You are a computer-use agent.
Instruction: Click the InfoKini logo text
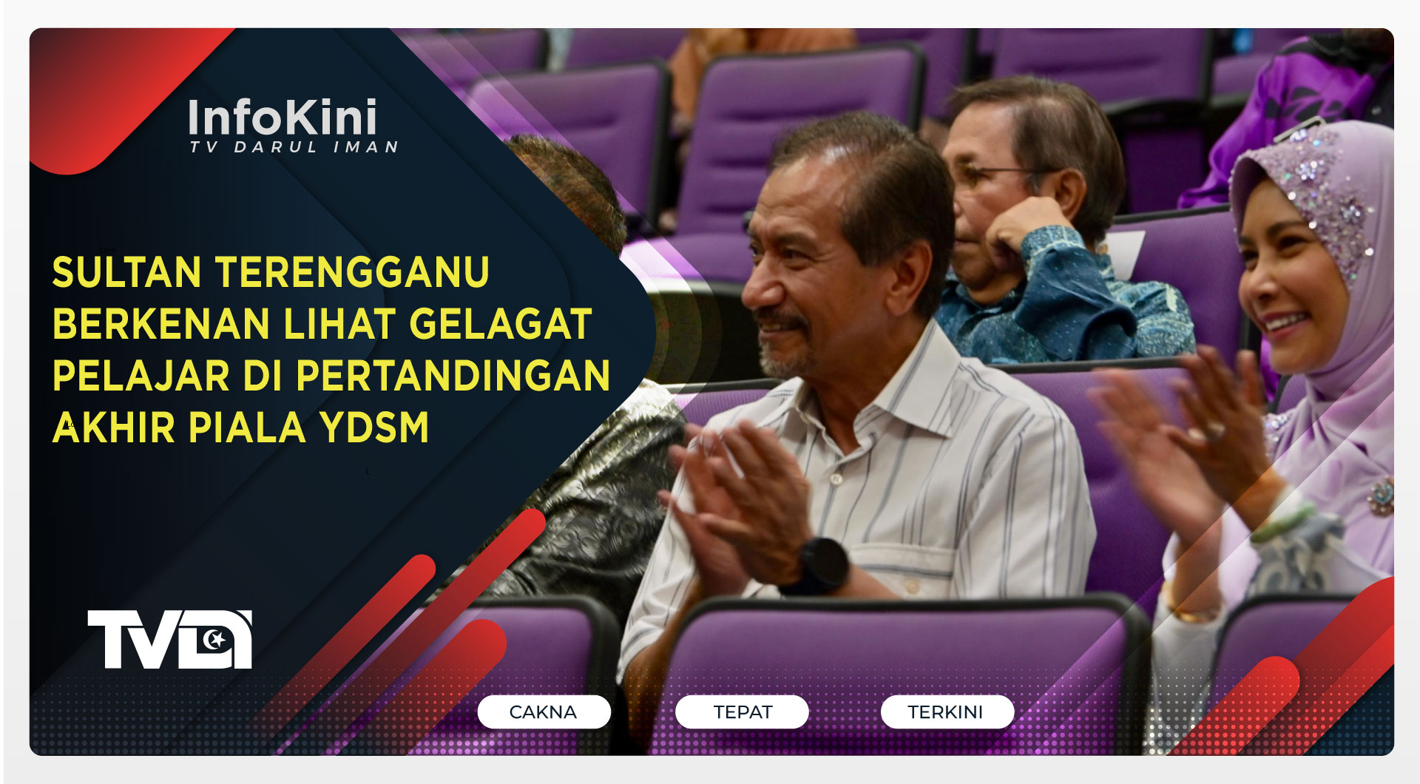click(x=283, y=118)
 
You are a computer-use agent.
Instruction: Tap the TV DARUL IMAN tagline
click(x=294, y=147)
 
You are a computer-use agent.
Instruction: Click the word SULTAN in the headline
click(x=126, y=272)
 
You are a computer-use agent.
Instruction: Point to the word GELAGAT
click(x=500, y=324)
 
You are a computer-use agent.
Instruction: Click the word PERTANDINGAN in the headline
click(x=453, y=376)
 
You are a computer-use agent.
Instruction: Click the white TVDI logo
click(x=169, y=639)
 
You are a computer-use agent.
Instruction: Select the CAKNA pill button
click(x=544, y=712)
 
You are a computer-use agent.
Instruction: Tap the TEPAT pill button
click(x=742, y=712)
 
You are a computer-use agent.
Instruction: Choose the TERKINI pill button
click(x=946, y=712)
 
